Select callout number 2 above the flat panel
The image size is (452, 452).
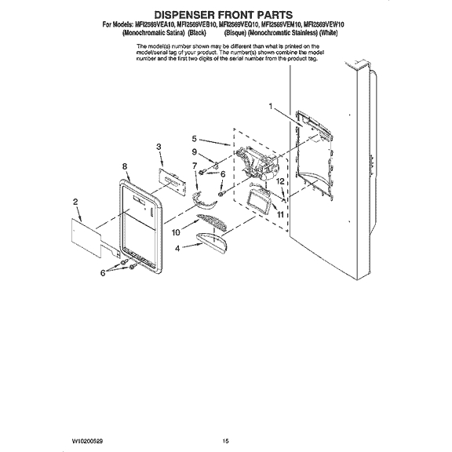click(x=75, y=202)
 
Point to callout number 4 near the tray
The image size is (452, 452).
click(x=177, y=248)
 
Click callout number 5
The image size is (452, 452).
click(x=194, y=139)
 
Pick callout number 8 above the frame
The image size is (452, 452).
click(x=125, y=166)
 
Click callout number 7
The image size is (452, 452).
click(x=194, y=166)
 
